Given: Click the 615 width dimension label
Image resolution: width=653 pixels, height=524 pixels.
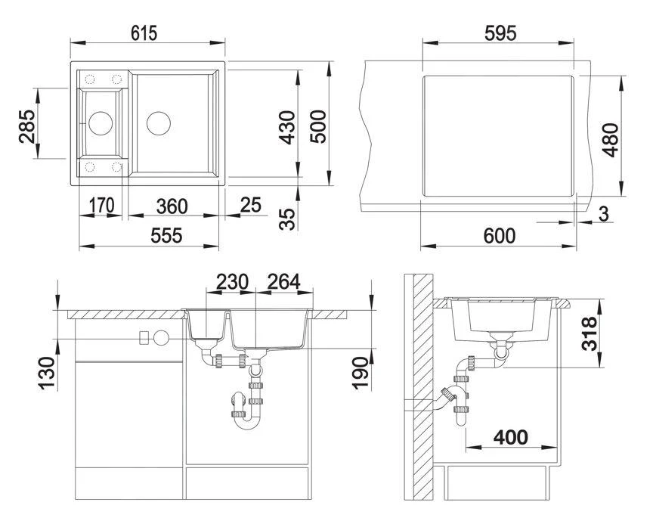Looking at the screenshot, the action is (144, 33).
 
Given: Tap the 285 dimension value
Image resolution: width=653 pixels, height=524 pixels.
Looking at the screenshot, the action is (27, 126).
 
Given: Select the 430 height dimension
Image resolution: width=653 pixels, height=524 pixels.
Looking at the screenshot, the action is (287, 128).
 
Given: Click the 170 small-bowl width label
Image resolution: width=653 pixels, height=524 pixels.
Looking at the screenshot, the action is (101, 206).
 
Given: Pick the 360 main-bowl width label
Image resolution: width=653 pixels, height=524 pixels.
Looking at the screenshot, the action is (172, 206).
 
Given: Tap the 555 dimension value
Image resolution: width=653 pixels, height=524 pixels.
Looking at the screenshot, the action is (166, 236).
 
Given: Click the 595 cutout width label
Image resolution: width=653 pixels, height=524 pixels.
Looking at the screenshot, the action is (500, 33).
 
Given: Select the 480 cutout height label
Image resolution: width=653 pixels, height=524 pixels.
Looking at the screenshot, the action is (611, 140).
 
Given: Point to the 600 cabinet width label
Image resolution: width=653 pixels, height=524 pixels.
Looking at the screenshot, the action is (500, 236).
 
